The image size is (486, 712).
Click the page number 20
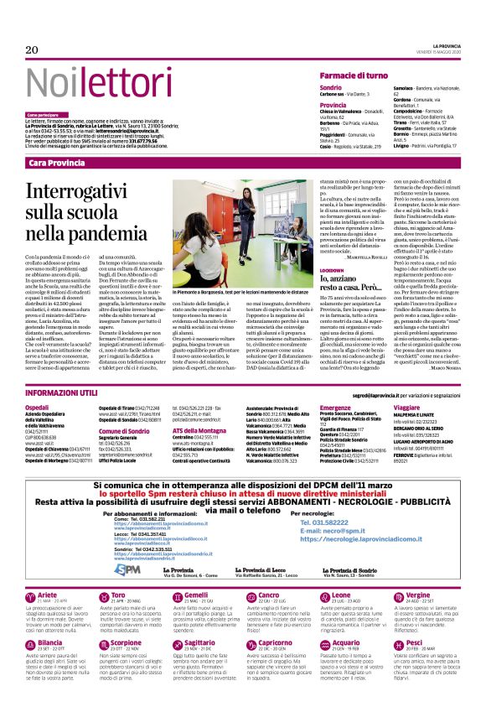tap(34, 50)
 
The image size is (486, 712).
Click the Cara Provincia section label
tap(56, 162)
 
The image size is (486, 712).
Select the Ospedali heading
tap(38, 406)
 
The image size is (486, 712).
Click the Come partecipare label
tap(43, 114)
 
